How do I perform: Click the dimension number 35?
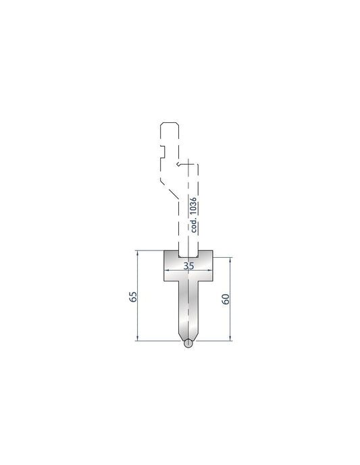(188, 266)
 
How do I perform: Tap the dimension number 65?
(133, 296)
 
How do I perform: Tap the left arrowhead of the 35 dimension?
(166, 271)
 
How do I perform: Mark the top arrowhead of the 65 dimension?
(138, 253)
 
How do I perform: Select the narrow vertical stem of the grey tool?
(188, 307)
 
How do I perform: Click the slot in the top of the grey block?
(188, 254)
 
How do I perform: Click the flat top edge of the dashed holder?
(169, 123)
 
